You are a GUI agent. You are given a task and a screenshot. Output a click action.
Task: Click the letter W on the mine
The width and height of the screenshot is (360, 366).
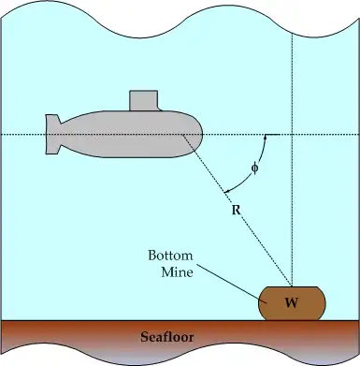(x=292, y=302)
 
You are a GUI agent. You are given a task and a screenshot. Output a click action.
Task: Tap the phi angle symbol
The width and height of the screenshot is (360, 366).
(x=255, y=168)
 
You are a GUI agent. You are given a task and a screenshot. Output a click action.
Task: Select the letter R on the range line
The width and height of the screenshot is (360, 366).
(x=237, y=211)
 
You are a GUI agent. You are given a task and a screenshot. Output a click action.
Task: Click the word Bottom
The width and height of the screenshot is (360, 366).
(x=170, y=256)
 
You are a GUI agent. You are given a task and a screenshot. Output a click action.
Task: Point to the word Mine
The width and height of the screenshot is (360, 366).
(x=177, y=271)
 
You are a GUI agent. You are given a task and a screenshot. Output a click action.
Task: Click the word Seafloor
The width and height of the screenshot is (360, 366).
(x=167, y=337)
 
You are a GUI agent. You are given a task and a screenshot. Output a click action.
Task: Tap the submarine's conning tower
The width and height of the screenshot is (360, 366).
(x=144, y=100)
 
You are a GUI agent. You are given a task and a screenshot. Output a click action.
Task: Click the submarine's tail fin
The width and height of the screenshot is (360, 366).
(x=52, y=134)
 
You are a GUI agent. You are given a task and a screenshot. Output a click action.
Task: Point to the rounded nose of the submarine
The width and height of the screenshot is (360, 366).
(x=194, y=134)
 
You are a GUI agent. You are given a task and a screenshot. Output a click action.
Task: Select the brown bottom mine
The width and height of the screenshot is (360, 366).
(x=292, y=303)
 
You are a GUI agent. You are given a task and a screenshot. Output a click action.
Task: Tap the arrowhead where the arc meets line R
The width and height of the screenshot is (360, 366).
(x=227, y=191)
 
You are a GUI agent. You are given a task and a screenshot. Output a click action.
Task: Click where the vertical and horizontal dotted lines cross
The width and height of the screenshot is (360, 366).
(x=292, y=135)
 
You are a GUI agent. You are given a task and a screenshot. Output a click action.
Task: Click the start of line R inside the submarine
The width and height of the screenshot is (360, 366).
(x=182, y=135)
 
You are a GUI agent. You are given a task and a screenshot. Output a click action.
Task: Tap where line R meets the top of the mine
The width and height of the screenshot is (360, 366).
(x=291, y=286)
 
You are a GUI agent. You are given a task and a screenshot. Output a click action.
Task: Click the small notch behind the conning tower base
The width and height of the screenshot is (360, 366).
(x=160, y=110)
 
